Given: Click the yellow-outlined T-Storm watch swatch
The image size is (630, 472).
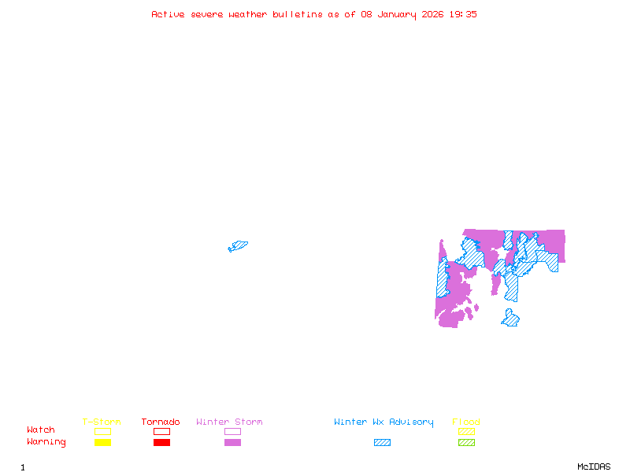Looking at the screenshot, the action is [x=102, y=431].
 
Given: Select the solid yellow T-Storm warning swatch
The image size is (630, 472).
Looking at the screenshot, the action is [x=102, y=443].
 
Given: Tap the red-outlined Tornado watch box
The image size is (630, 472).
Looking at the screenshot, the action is [x=161, y=431].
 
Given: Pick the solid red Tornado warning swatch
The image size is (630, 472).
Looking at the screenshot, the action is [x=161, y=443].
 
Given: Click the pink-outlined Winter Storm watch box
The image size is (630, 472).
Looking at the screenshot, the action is [x=232, y=431].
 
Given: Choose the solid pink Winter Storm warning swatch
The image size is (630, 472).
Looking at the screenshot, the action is [x=232, y=443].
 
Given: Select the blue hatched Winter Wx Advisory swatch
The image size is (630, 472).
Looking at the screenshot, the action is [x=382, y=443].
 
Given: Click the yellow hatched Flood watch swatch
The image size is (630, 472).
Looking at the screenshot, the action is [x=466, y=431].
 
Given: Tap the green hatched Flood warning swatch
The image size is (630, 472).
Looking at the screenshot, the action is [x=466, y=443].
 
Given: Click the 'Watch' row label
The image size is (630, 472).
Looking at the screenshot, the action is [x=41, y=430].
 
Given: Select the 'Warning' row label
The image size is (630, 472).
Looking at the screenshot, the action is [x=46, y=442].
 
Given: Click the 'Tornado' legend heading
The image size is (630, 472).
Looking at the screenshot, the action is [x=161, y=422].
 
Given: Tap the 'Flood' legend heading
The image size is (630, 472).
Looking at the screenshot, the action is [x=466, y=422].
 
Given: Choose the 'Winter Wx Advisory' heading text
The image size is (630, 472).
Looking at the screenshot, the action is [x=384, y=422].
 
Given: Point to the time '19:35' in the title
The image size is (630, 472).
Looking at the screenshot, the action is [x=462, y=14].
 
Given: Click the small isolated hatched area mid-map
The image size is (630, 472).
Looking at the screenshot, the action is [x=238, y=246].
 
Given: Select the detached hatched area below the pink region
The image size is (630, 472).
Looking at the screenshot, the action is [x=510, y=318].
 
